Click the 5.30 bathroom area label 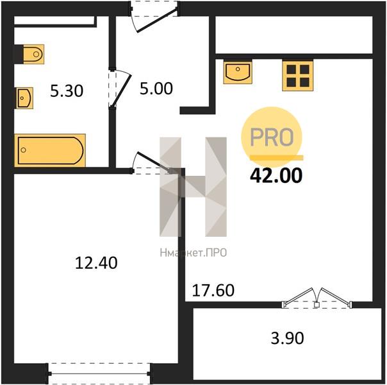(67, 90)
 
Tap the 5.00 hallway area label (156, 89)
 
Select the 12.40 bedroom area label (96, 262)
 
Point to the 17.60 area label (213, 291)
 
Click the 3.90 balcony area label (287, 338)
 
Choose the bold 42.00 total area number (276, 175)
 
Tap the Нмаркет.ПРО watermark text (193, 253)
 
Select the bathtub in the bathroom (50, 150)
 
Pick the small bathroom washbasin (25, 98)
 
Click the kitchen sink (238, 72)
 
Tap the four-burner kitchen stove (298, 76)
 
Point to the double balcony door (317, 298)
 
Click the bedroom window (99, 373)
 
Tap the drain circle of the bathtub (24, 150)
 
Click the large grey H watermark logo (193, 187)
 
